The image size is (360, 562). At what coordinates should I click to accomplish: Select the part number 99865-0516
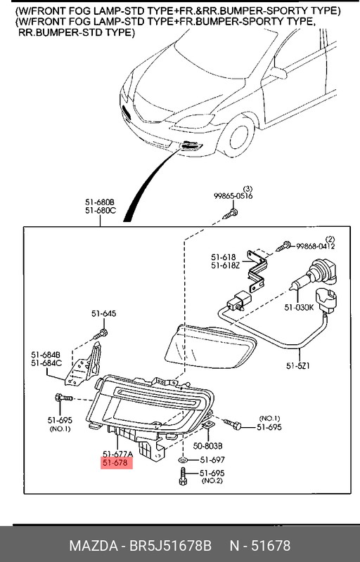tap(234, 197)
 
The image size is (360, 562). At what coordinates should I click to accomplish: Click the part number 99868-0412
tap(316, 266)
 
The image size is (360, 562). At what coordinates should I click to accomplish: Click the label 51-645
tap(103, 313)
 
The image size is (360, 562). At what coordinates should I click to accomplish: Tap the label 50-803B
tap(208, 445)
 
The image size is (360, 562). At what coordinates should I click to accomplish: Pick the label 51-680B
tap(100, 202)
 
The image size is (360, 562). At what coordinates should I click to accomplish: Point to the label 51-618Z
tap(226, 266)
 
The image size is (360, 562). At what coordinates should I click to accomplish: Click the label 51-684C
tap(46, 363)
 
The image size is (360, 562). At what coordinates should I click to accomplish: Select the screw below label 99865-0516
tap(230, 212)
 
